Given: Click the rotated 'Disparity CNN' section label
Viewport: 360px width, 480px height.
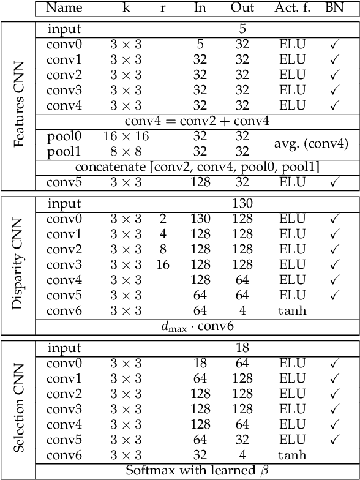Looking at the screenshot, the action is point(18,264).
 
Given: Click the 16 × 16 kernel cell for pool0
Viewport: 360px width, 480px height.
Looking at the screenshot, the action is point(126,136).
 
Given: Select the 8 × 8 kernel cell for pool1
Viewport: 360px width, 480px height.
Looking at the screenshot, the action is point(126,151).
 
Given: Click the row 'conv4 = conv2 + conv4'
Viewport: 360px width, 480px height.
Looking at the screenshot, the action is point(197,121).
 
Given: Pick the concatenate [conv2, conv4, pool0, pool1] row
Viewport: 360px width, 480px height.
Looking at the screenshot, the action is point(197,167).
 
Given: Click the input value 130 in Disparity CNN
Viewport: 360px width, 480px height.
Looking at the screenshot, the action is point(242,203).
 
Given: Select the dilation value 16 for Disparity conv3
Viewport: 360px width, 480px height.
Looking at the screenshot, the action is point(163,264).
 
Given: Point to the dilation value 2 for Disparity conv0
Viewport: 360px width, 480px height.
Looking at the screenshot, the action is point(163,219).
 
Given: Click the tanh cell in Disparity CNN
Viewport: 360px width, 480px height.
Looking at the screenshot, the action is point(291,310).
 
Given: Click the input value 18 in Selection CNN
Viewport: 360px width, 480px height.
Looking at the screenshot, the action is point(242,348).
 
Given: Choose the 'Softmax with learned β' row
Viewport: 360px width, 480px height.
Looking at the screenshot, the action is point(197,471).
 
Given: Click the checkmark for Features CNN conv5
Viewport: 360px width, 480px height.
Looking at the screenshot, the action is point(334,182).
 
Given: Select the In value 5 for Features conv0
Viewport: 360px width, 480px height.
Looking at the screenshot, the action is point(200,44).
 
